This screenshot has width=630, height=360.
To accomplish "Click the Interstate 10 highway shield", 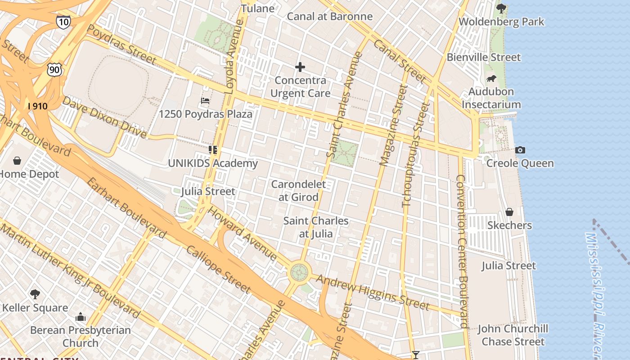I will click(63, 22).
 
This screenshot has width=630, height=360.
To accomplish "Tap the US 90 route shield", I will click(54, 69).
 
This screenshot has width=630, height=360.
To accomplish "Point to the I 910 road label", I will click(37, 106).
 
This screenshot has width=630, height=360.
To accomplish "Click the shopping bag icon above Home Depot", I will click(17, 161).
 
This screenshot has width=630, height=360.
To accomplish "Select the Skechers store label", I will click(509, 225).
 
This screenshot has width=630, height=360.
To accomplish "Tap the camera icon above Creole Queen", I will click(520, 150).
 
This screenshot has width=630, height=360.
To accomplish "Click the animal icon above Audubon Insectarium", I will click(491, 79).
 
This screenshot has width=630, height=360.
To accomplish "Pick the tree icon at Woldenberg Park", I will click(501, 8).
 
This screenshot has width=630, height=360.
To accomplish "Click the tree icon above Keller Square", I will click(35, 294).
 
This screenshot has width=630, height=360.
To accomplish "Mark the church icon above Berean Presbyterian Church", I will click(81, 317).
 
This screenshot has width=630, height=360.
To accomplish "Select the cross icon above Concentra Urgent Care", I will click(300, 67).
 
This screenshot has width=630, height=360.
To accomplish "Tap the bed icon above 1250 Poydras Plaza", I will click(205, 100).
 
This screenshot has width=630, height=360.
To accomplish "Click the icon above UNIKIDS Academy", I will click(213, 149).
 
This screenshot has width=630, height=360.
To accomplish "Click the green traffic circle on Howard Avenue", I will click(299, 272).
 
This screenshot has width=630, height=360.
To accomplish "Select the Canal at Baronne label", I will click(329, 17).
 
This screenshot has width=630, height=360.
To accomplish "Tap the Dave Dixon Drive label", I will click(104, 117).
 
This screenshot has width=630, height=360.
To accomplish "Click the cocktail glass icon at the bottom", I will click(415, 355).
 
